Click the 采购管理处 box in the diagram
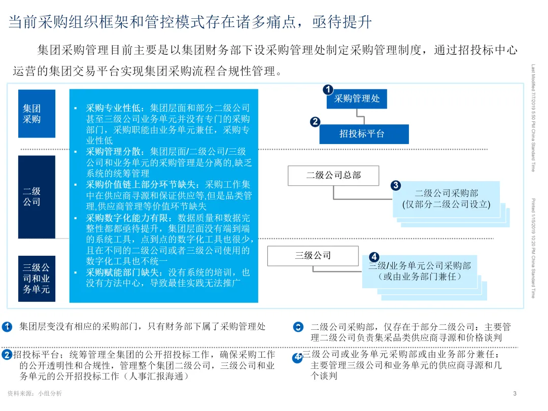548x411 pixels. click(x=357, y=98)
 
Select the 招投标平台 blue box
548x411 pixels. click(x=364, y=134)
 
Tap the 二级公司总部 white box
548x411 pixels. click(x=333, y=176)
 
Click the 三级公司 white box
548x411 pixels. click(x=313, y=255)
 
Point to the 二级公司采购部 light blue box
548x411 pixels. click(x=446, y=198)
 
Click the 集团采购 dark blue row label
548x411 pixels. click(x=37, y=114)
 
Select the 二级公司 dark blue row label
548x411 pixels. click(x=37, y=196)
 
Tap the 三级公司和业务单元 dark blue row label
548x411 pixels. click(x=37, y=279)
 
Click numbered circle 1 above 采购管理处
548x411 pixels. click(x=328, y=90)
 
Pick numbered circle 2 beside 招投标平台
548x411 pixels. click(x=315, y=122)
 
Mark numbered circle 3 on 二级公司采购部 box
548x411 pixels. click(x=396, y=186)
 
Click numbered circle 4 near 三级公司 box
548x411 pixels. click(x=374, y=257)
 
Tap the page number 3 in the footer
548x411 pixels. click(x=515, y=394)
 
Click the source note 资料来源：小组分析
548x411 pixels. click(x=35, y=394)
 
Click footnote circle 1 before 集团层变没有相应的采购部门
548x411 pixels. click(x=7, y=327)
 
